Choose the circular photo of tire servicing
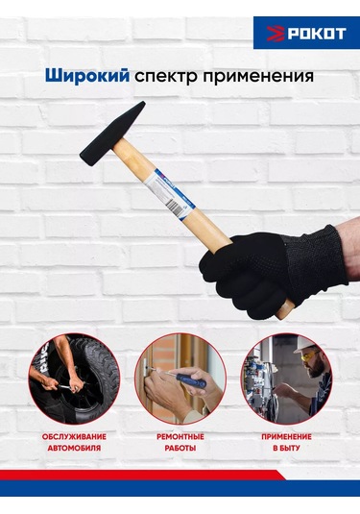click(75, 378)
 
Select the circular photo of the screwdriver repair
click(180, 378)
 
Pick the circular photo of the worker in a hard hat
click(285, 378)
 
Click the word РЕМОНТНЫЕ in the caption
click(180, 436)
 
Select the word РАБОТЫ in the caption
click(180, 449)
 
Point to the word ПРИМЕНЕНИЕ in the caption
click(285, 436)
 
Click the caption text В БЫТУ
click(285, 449)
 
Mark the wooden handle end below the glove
click(285, 309)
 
